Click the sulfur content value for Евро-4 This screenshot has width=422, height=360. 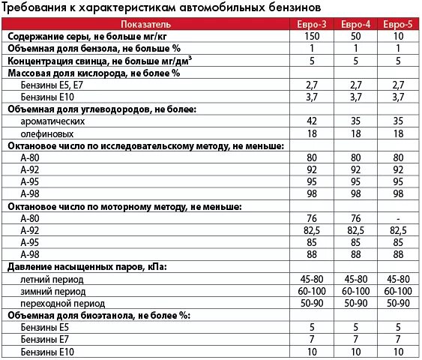pos(356,36)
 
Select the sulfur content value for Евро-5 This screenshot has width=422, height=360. pos(398,36)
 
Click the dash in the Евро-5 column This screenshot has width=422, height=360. pos(398,217)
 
